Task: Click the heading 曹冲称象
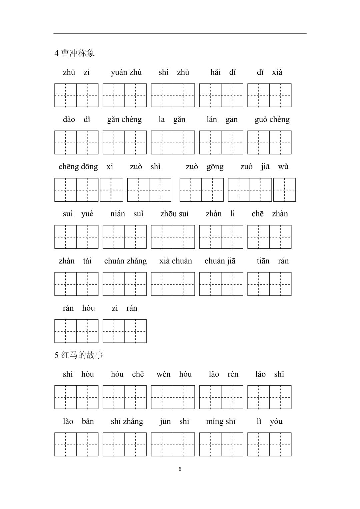pyautogui.click(x=78, y=53)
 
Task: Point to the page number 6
pyautogui.click(x=180, y=469)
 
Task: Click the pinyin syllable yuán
pyautogui.click(x=119, y=72)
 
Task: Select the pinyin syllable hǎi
pyautogui.click(x=215, y=72)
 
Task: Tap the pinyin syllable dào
pyautogui.click(x=69, y=120)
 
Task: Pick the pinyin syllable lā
pyautogui.click(x=162, y=120)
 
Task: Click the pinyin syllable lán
pyautogui.click(x=212, y=120)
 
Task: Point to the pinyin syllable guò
pyautogui.click(x=261, y=120)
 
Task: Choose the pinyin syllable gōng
pyautogui.click(x=215, y=167)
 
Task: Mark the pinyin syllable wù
pyautogui.click(x=283, y=167)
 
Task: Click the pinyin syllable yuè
pyautogui.click(x=87, y=214)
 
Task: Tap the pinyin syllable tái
pyautogui.click(x=87, y=261)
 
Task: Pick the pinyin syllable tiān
pyautogui.click(x=263, y=261)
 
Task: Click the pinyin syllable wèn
pyautogui.click(x=163, y=374)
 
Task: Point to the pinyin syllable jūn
pyautogui.click(x=165, y=422)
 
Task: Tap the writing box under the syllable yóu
pyautogui.click(x=280, y=444)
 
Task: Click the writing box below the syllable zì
pyautogui.click(x=114, y=331)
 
